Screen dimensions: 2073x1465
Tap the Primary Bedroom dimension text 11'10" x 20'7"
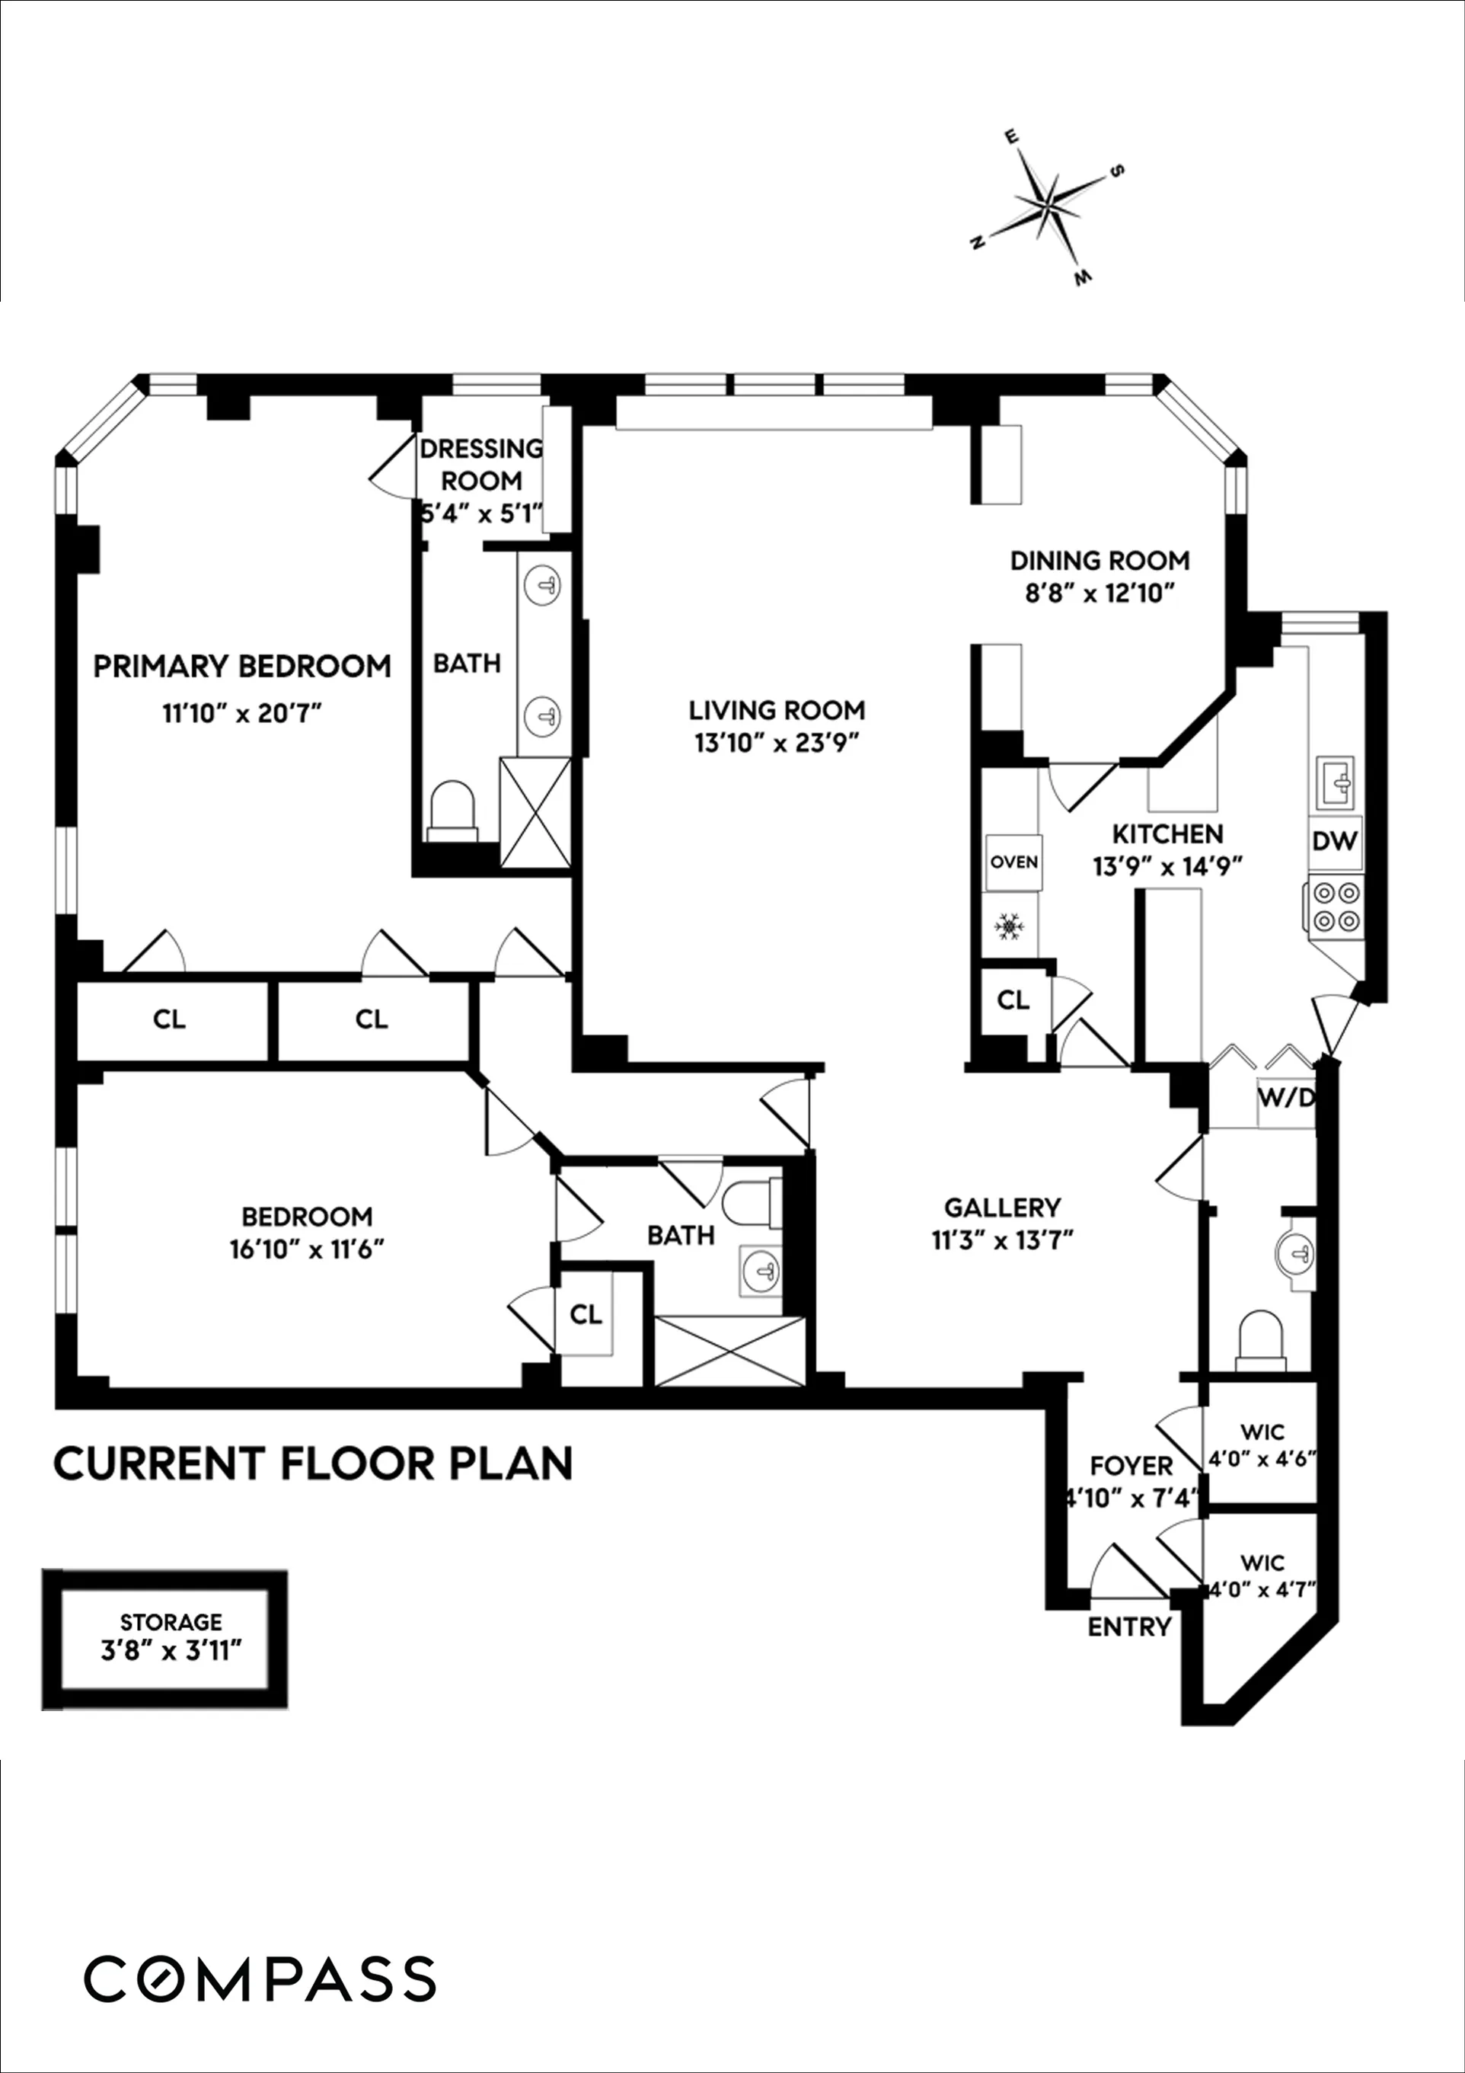242,714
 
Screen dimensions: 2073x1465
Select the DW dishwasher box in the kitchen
1334,840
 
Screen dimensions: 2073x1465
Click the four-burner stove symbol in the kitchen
1336,907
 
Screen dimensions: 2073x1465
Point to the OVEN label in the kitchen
1013,862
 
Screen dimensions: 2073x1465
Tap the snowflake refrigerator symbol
1008,926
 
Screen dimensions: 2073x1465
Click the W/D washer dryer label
1285,1099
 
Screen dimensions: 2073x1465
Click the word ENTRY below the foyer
1129,1627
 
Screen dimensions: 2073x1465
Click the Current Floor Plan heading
313,1464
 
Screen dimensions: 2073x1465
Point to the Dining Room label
1100,561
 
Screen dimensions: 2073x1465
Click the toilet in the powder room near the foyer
1260,1341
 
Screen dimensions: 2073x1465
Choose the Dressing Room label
481,464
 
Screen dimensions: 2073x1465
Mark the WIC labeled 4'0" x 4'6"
1262,1445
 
